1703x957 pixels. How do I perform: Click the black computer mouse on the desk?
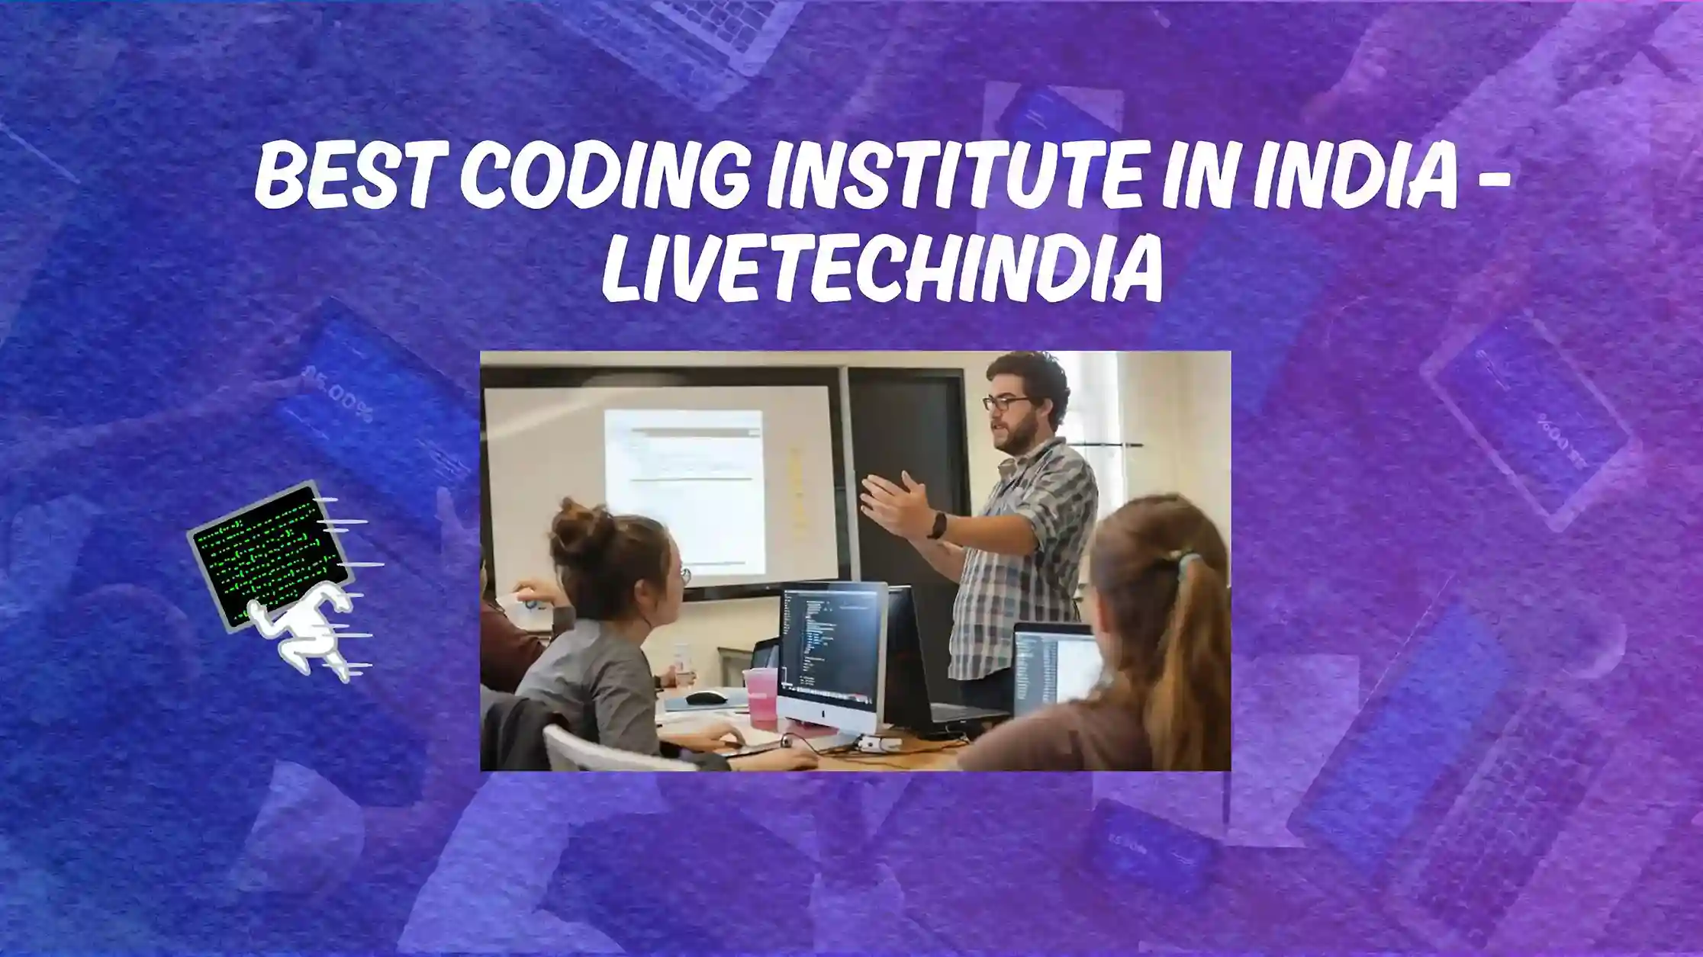(x=705, y=697)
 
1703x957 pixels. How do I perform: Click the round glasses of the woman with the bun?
(x=684, y=575)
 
